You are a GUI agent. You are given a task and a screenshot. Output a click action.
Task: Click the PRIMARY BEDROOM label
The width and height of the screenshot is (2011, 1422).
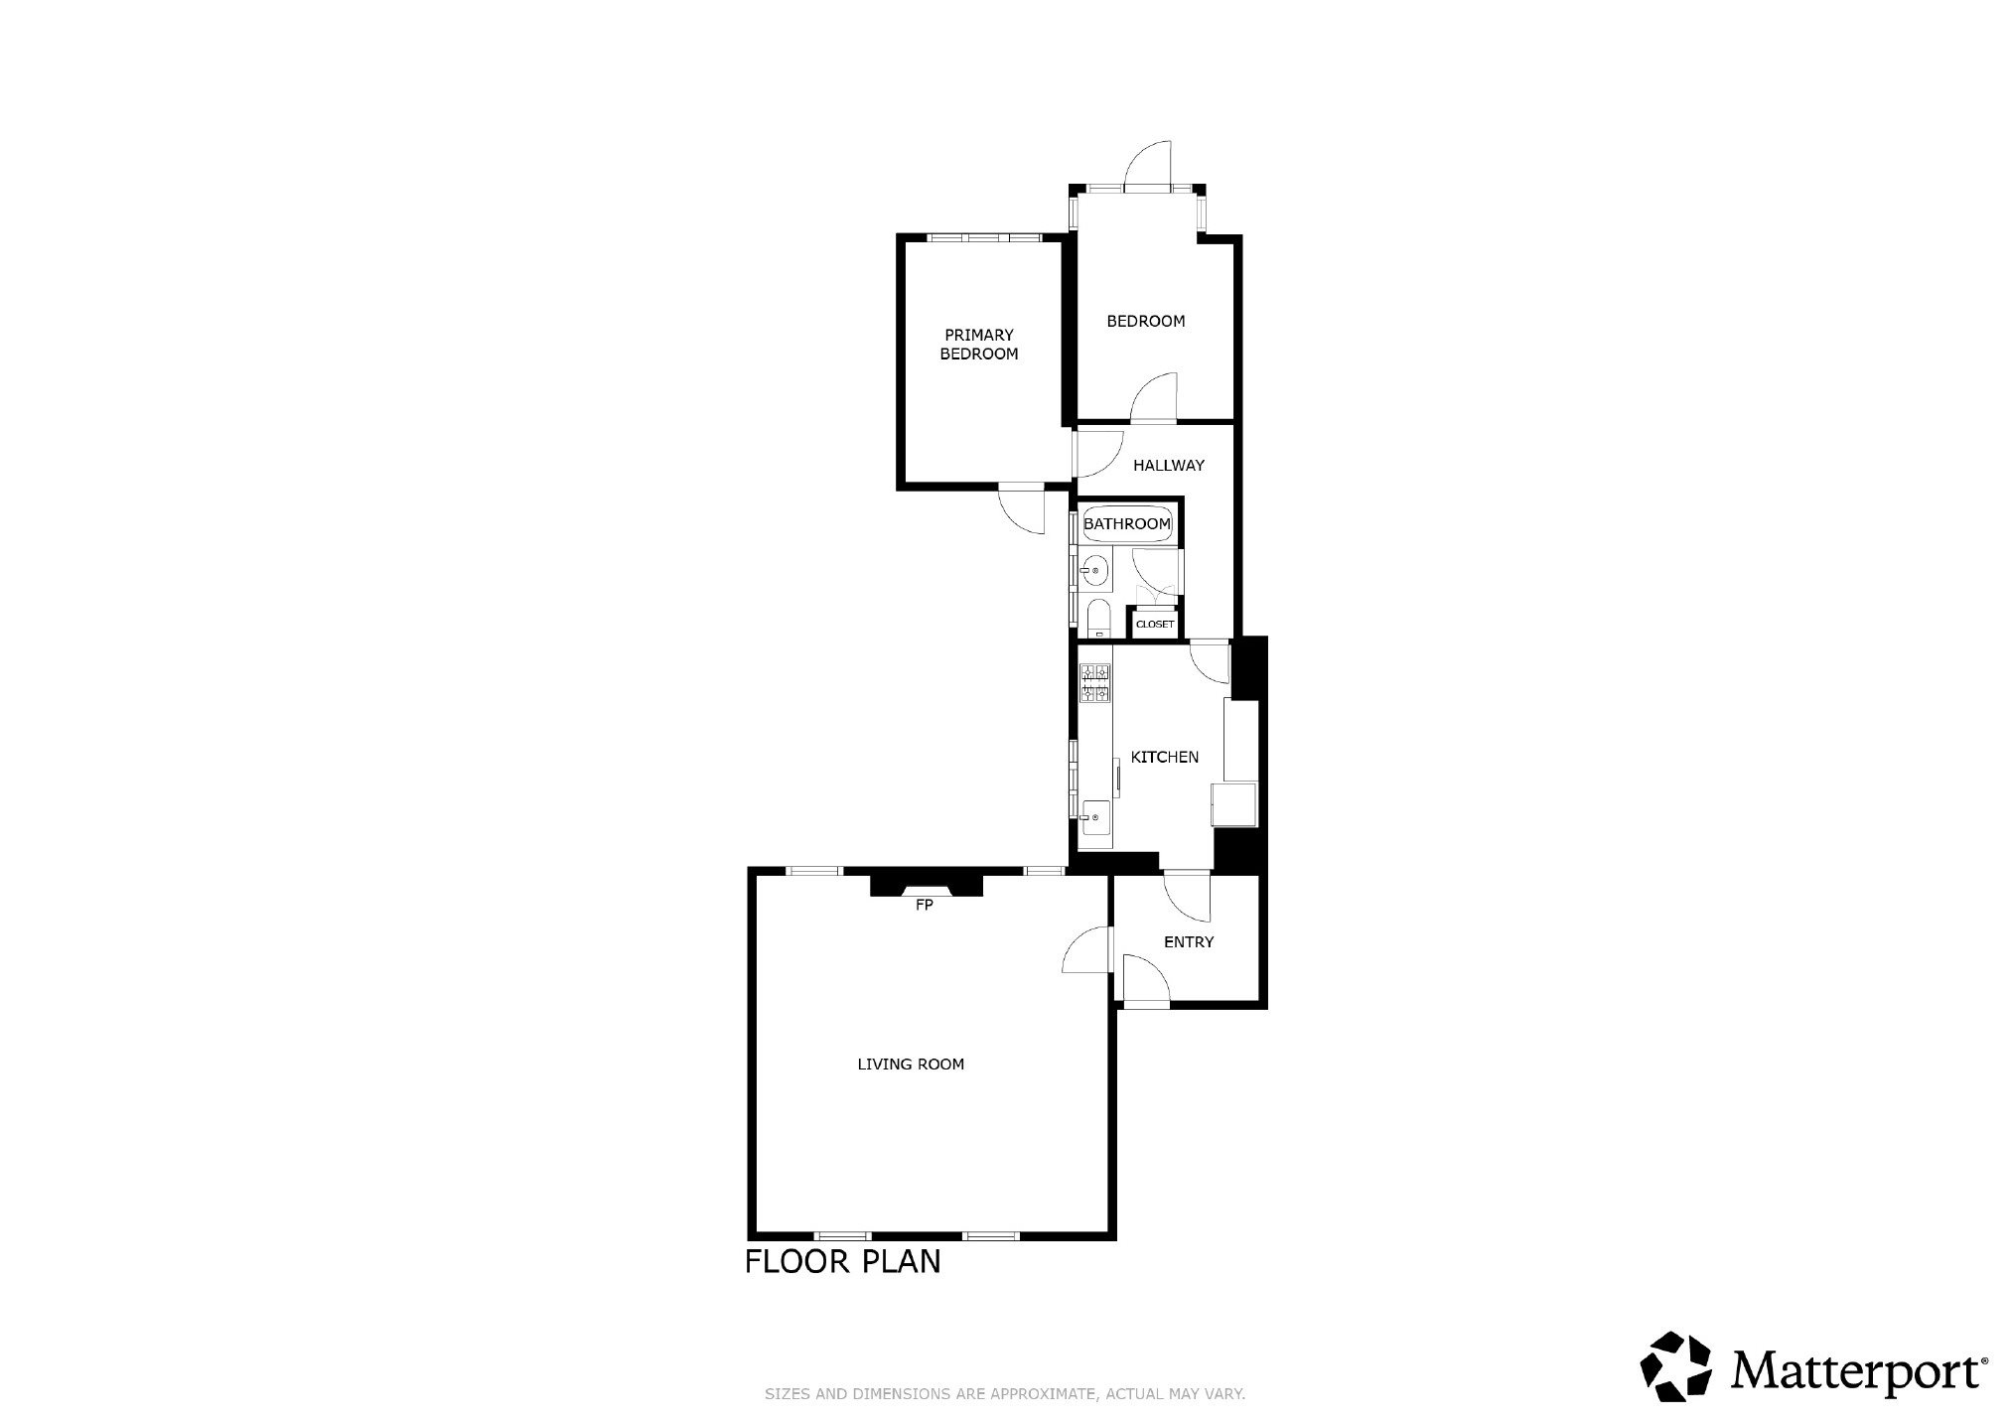point(979,345)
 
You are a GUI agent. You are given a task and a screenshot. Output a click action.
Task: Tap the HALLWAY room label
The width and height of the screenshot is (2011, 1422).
point(1169,465)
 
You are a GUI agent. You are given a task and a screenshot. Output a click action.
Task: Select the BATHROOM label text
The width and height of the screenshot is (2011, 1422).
point(1127,523)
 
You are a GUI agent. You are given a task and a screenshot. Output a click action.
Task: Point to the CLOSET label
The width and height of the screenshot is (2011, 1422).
point(1155,625)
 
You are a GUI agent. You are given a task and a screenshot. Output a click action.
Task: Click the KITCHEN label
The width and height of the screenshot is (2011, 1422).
point(1165,757)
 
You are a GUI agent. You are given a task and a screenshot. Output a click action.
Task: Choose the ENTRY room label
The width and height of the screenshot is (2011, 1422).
point(1189,941)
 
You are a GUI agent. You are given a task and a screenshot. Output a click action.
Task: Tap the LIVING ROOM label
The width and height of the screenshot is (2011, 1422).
point(911,1065)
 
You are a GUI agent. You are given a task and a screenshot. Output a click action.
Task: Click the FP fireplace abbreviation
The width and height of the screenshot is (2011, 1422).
point(924,905)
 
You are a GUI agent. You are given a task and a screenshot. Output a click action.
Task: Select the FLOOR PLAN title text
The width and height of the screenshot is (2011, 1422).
point(843,1262)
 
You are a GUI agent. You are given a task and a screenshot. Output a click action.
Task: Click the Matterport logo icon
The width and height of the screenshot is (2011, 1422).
point(1676,1367)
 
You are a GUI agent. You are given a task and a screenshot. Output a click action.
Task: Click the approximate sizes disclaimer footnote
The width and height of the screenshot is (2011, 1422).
point(1005,1394)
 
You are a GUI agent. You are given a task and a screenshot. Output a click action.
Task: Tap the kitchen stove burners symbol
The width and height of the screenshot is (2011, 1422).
point(1094,684)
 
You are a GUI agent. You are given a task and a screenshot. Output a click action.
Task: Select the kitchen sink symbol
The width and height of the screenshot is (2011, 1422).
point(1095,818)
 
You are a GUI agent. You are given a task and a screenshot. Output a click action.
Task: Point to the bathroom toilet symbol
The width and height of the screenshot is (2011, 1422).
point(1096,617)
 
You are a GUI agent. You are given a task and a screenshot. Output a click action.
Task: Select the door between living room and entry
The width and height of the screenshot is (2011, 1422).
point(1087,950)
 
